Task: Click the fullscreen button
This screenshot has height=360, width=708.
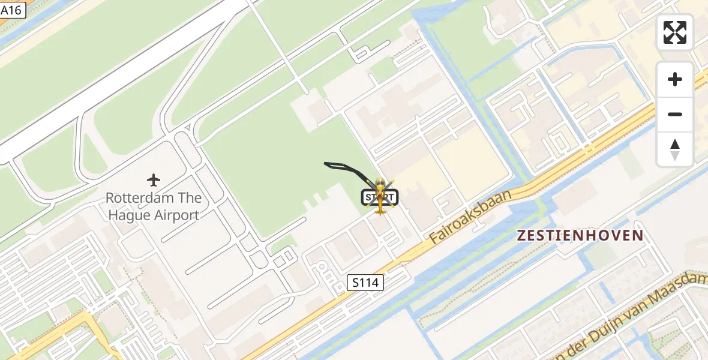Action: pyautogui.click(x=675, y=32)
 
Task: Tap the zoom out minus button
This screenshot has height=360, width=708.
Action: pyautogui.click(x=675, y=114)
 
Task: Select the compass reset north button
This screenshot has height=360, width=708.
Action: pyautogui.click(x=675, y=149)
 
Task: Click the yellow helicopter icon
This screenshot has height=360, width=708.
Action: pyautogui.click(x=380, y=196)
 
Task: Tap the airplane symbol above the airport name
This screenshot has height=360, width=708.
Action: pyautogui.click(x=154, y=179)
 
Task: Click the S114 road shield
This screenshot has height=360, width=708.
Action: pyautogui.click(x=365, y=282)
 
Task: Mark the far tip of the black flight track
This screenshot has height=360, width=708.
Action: pyautogui.click(x=325, y=163)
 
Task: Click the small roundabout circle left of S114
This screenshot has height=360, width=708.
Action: pyautogui.click(x=322, y=267)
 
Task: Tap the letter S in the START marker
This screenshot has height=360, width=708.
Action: pyautogui.click(x=367, y=197)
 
